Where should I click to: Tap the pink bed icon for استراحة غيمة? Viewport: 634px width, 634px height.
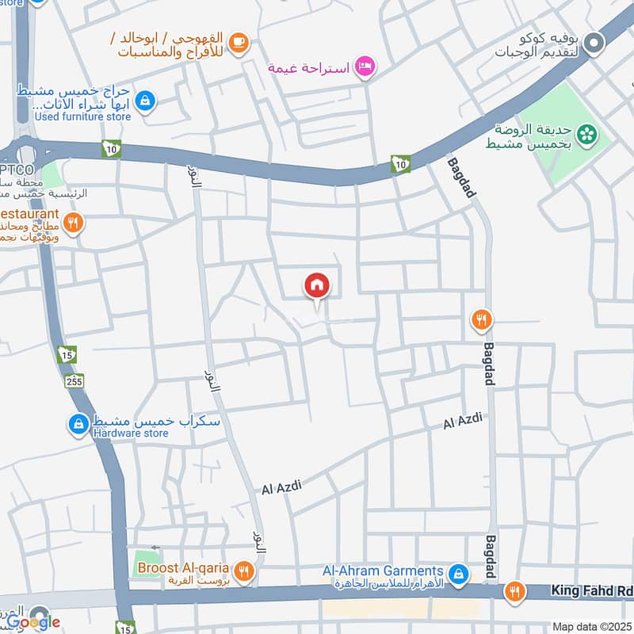click(x=365, y=67)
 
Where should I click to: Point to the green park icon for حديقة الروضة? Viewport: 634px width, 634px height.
click(x=587, y=135)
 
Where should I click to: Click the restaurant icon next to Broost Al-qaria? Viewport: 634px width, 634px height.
click(x=245, y=569)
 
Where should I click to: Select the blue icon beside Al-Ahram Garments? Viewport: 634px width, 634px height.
click(x=457, y=572)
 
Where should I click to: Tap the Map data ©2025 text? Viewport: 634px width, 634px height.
click(x=591, y=626)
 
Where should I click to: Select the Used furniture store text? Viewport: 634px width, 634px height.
click(x=82, y=116)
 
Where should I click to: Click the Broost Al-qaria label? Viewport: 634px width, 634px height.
click(x=183, y=567)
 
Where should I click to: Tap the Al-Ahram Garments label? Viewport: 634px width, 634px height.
click(x=382, y=571)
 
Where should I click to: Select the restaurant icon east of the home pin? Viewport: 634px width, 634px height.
click(x=481, y=320)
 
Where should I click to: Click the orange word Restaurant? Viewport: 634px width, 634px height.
click(x=30, y=215)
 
